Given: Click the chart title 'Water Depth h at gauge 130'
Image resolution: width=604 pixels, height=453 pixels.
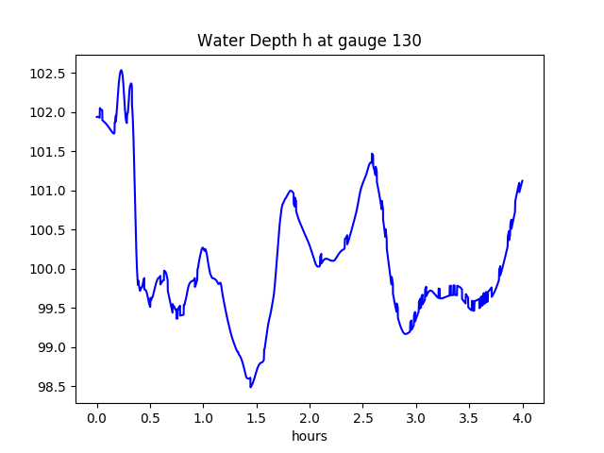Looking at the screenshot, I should tap(309, 41).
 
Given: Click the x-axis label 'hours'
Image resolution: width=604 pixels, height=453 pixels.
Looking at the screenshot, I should tap(309, 437).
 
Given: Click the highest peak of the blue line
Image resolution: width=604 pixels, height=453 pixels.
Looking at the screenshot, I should tap(121, 70).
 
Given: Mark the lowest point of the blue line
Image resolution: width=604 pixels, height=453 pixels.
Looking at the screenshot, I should tap(250, 387).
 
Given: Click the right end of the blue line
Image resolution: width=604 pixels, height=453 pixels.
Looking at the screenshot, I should tap(522, 181).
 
